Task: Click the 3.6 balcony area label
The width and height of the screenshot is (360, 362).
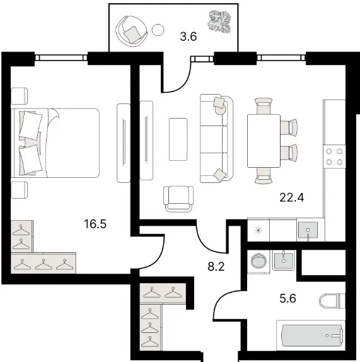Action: (x=189, y=37)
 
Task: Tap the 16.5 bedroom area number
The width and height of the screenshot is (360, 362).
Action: (x=95, y=224)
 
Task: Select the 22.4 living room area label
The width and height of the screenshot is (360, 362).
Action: (x=292, y=197)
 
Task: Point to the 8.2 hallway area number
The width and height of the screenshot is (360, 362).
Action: (x=216, y=267)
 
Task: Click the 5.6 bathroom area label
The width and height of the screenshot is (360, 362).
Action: (x=287, y=298)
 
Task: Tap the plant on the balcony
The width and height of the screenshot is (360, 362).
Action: (x=219, y=21)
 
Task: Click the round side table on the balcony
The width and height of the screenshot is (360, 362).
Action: (x=158, y=30)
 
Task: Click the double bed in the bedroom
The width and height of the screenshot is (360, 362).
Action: (x=55, y=143)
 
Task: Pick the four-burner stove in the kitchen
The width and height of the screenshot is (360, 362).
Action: (x=334, y=157)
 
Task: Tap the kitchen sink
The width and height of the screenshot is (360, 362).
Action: (x=308, y=230)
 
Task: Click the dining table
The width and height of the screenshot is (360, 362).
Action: (x=264, y=141)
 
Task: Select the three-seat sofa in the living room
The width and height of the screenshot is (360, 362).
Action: (x=217, y=139)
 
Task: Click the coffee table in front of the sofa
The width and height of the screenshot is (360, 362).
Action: (x=178, y=139)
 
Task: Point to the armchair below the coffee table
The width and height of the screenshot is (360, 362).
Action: (x=178, y=199)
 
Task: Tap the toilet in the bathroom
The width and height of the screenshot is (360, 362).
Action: (x=332, y=301)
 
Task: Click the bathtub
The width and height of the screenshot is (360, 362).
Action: (x=311, y=336)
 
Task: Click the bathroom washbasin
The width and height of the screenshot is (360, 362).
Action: (x=284, y=260)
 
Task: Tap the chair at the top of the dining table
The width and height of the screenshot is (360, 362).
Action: (x=264, y=106)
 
